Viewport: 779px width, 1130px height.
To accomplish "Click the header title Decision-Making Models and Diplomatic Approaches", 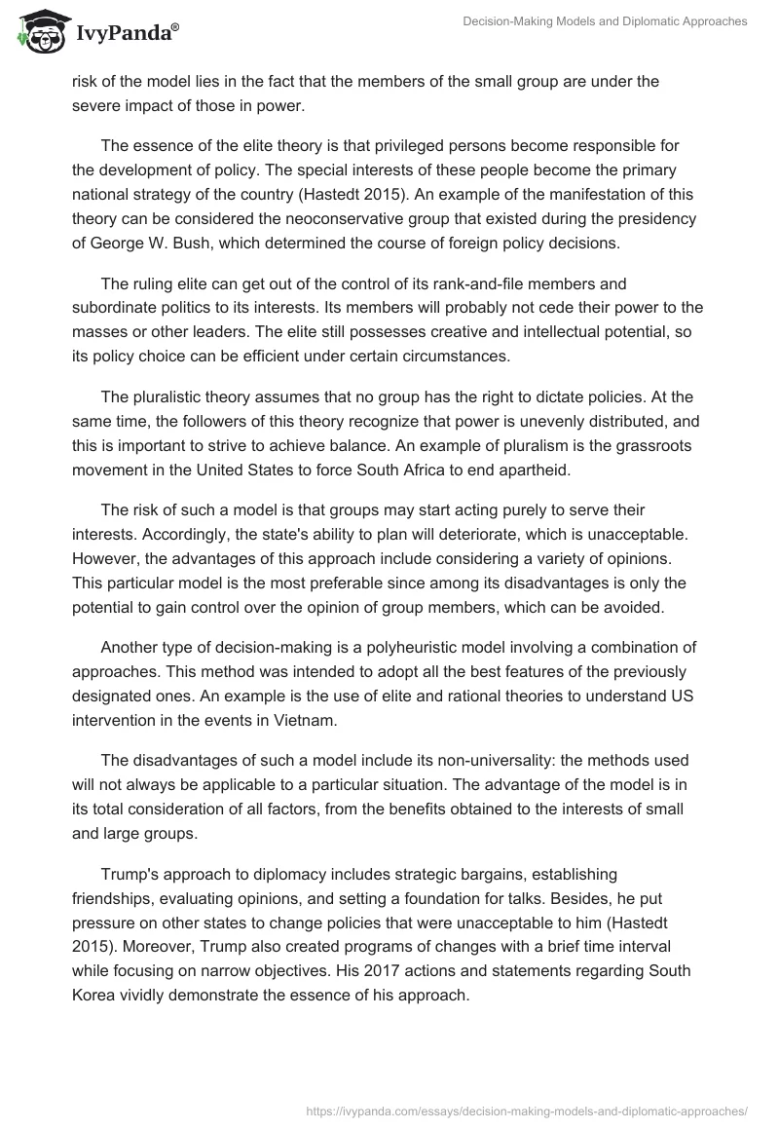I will [605, 21].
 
